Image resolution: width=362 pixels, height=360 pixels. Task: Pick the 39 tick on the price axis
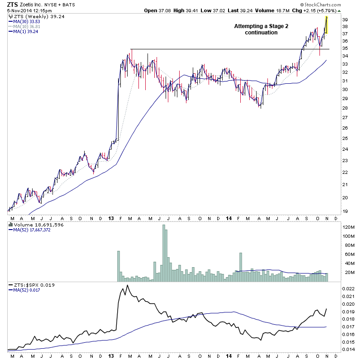(x=344, y=20)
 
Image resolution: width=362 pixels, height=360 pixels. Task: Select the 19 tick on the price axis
(x=344, y=211)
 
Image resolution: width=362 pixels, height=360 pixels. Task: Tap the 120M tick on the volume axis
(x=348, y=227)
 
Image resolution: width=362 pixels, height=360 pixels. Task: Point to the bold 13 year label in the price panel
(x=111, y=217)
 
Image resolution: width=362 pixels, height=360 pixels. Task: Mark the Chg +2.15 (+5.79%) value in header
(x=324, y=10)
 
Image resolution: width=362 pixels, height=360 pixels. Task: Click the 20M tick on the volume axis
(x=348, y=272)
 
